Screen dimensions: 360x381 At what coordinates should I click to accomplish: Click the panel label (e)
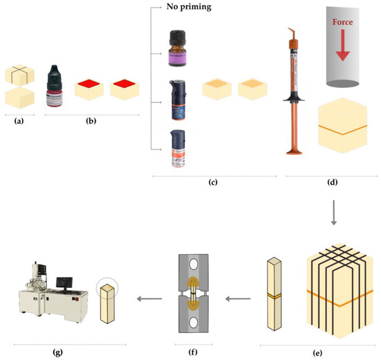318,352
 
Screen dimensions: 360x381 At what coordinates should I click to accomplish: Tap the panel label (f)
191,352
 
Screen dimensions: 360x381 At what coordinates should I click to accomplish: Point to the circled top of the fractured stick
107,289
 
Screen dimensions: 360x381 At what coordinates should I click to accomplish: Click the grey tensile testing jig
191,294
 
